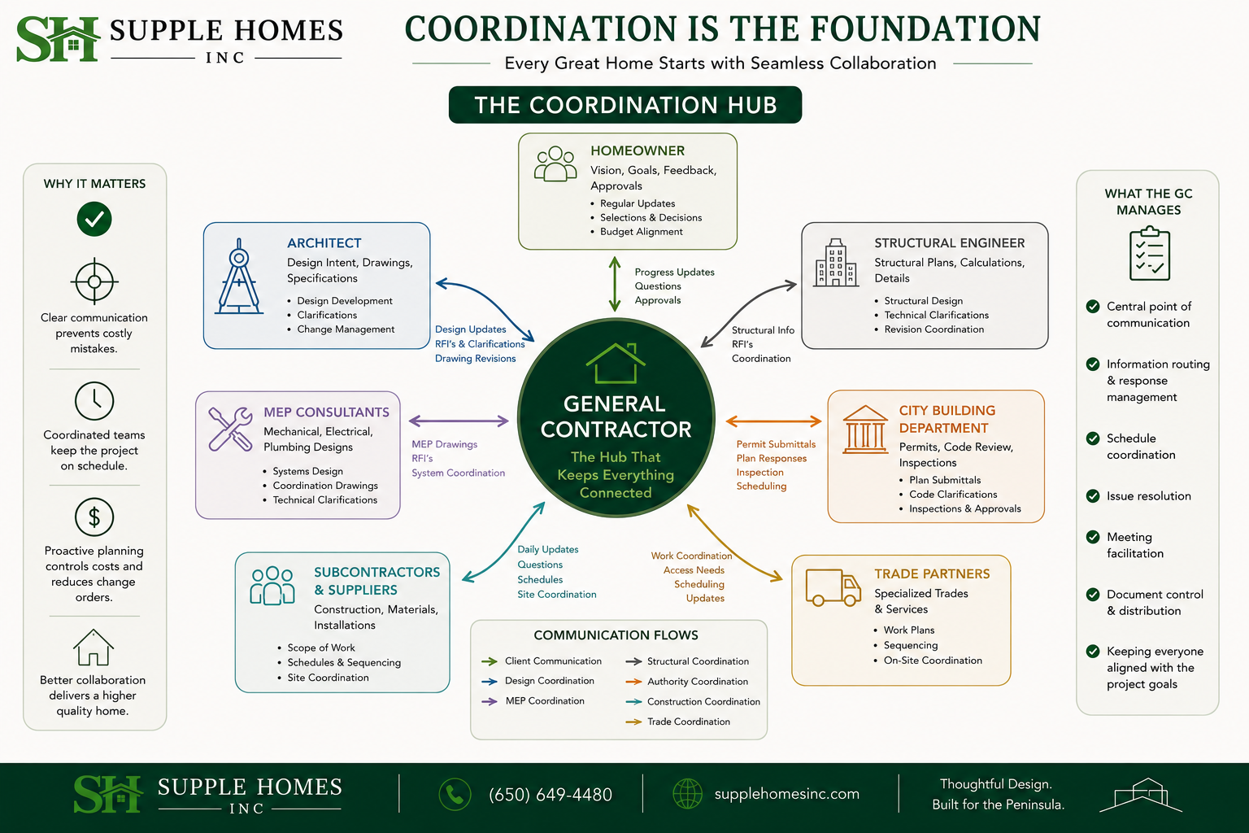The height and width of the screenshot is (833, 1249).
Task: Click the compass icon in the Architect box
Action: click(239, 277)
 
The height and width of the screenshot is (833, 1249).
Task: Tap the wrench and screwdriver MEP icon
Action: click(230, 429)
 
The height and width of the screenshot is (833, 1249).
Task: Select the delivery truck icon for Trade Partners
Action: click(833, 587)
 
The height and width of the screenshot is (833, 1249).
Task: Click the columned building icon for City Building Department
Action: click(865, 429)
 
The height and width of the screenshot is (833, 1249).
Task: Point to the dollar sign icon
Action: click(94, 517)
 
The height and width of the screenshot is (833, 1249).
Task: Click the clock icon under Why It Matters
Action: click(94, 400)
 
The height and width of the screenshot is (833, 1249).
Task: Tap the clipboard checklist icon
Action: click(1149, 253)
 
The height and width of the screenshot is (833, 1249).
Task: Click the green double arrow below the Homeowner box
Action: click(615, 284)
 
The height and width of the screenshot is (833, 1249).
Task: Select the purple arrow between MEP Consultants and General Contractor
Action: click(459, 421)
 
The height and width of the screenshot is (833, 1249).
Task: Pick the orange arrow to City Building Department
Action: click(773, 421)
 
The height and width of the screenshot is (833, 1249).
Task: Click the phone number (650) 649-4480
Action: click(551, 794)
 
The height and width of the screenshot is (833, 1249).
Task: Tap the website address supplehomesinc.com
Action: click(787, 793)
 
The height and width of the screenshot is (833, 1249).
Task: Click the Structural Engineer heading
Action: click(950, 242)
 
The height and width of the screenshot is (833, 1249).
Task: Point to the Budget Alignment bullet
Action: click(642, 232)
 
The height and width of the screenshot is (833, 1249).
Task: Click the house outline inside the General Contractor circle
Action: click(616, 363)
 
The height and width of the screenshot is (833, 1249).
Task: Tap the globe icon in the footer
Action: click(687, 793)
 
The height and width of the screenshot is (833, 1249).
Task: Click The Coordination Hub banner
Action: click(625, 105)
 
